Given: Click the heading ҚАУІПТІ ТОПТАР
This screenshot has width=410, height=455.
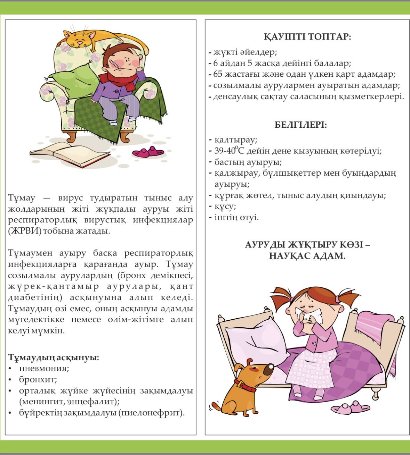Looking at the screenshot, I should [307, 37].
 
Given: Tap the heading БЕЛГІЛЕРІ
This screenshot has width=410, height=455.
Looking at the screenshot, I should [301, 125].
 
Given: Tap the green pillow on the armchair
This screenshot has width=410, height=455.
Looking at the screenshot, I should [73, 77].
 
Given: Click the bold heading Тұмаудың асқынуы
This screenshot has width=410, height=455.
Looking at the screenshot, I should [54, 357].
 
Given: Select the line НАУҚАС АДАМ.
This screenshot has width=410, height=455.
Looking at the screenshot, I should [307, 256].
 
